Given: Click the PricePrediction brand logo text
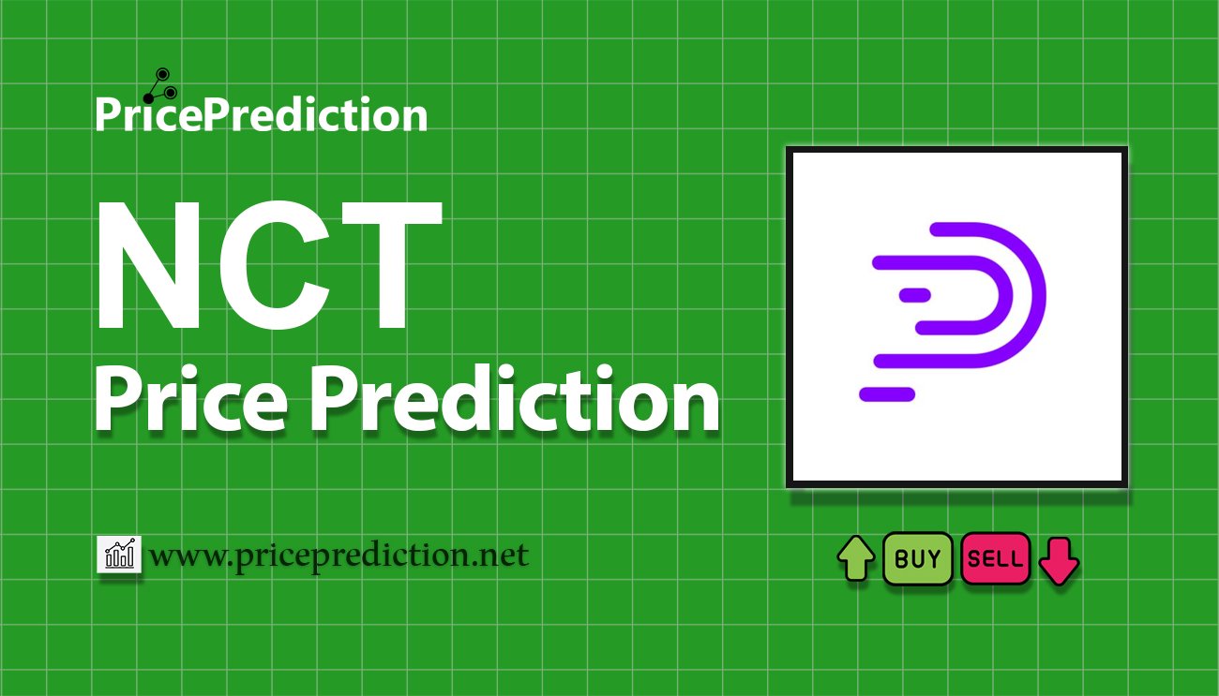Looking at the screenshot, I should pos(261,115).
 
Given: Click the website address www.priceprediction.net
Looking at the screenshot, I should pos(339,556).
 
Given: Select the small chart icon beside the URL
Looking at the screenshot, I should pos(119,555).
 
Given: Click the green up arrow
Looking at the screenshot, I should pos(855,558).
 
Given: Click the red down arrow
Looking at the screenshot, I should pos(1059,559).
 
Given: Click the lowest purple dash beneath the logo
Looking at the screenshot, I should pos(886,394).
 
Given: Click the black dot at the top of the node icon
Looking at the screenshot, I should pos(161,74).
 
